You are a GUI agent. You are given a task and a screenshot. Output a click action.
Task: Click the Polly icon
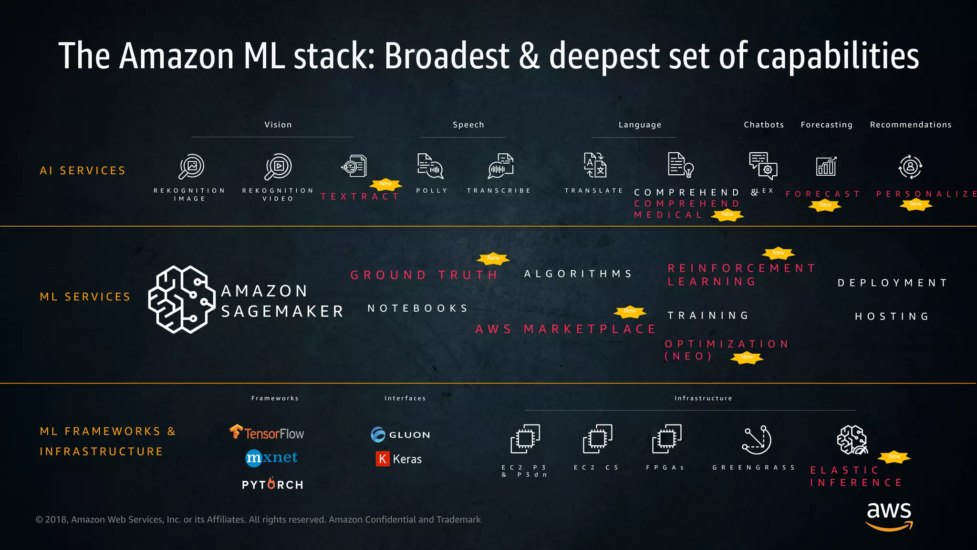(430, 166)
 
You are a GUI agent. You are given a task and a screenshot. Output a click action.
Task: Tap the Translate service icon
(595, 165)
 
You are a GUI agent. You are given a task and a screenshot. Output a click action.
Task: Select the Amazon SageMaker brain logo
(181, 299)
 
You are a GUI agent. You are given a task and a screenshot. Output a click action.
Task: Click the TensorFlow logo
(267, 433)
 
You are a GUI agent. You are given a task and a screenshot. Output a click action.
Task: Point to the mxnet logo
(271, 457)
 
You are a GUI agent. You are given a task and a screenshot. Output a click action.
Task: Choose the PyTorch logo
(272, 484)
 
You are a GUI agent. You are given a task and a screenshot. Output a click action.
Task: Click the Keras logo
(399, 459)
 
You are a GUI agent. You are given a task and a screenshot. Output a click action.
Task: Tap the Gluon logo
(400, 434)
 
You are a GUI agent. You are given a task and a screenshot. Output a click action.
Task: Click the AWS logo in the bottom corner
(889, 516)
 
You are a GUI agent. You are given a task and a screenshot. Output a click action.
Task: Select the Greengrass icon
(756, 440)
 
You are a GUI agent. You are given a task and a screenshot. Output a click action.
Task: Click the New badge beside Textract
(385, 184)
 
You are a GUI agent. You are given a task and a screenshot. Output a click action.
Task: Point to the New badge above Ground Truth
(493, 258)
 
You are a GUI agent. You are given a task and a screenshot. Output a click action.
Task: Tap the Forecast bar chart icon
(826, 166)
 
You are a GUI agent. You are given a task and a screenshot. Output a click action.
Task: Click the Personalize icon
(910, 167)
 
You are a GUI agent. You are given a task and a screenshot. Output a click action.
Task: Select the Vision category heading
(278, 125)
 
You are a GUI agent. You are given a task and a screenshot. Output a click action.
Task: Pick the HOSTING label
(892, 317)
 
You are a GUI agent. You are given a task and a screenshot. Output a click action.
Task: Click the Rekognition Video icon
(278, 166)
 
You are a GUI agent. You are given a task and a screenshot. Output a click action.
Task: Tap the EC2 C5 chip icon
(597, 439)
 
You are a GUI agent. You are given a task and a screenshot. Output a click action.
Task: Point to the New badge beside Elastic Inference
(894, 456)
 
